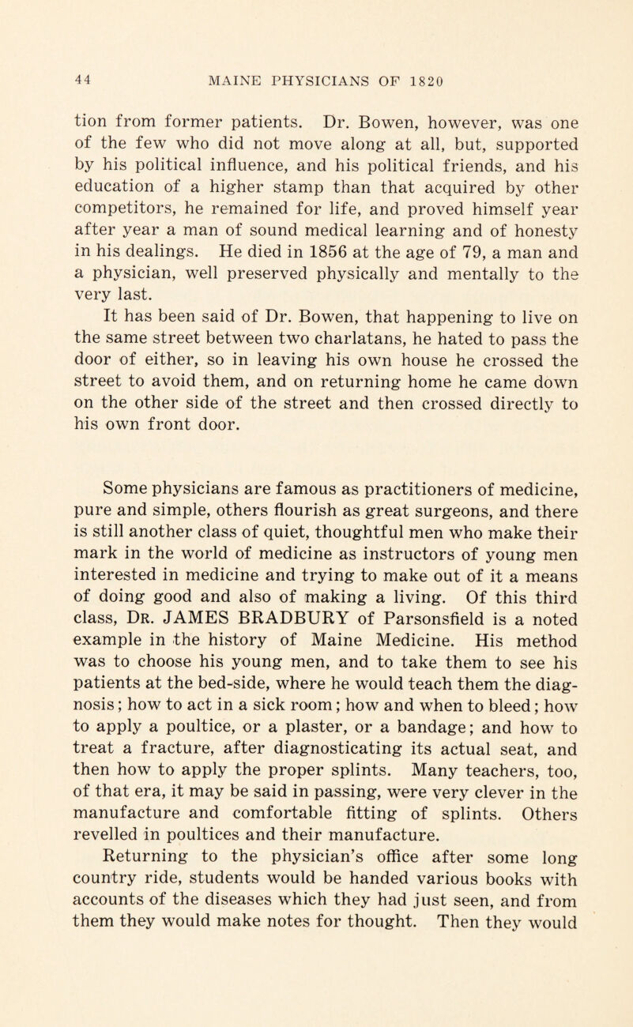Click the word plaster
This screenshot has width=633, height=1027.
click(x=340, y=777)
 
